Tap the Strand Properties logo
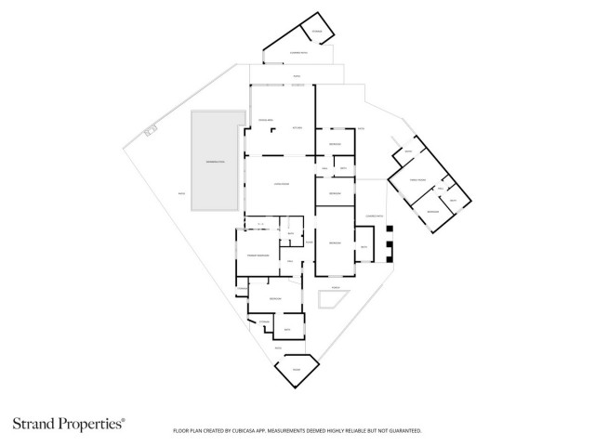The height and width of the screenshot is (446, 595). [67, 424]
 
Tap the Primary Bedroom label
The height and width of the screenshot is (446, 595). [258, 254]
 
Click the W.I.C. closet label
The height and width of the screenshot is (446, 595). [261, 224]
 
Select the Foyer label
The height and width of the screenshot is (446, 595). [309, 242]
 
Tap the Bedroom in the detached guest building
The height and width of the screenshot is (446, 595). [432, 212]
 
